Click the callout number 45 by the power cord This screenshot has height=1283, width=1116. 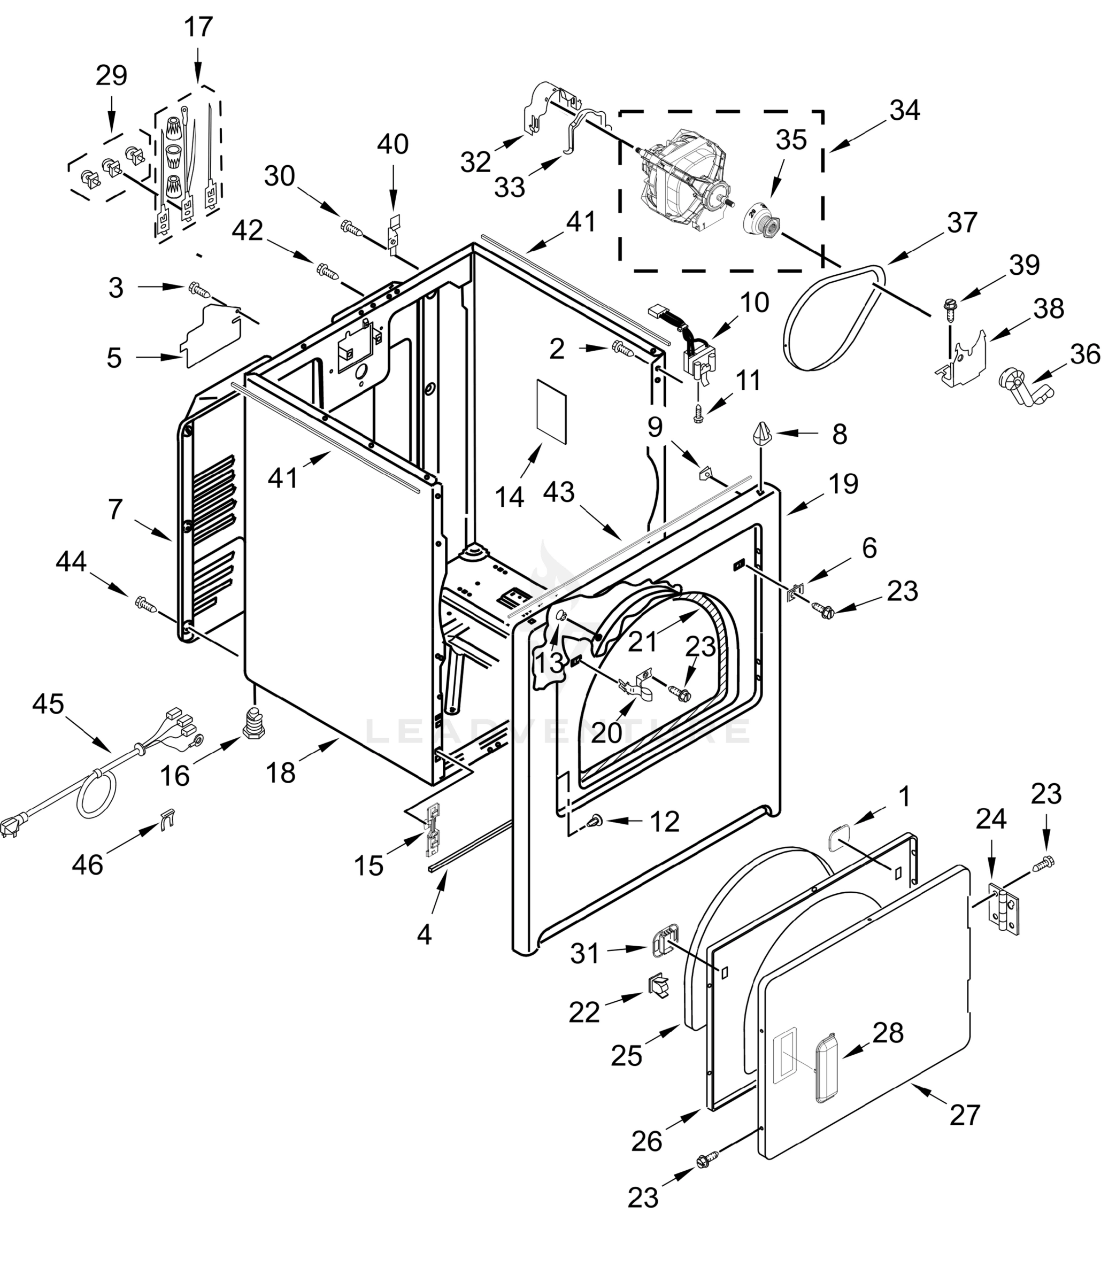point(48,704)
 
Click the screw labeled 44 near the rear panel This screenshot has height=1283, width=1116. point(144,602)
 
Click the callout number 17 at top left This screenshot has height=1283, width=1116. point(198,27)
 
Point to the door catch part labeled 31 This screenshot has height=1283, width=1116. point(665,941)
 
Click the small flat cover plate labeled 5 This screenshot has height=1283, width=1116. point(211,336)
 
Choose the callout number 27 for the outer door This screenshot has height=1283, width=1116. point(965,1115)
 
